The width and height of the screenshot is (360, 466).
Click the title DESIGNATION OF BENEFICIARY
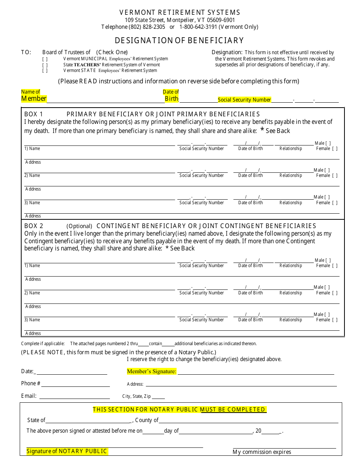(179, 41)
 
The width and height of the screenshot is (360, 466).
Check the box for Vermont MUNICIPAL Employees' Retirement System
(45, 59)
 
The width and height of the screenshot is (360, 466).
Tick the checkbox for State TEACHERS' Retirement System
(45, 65)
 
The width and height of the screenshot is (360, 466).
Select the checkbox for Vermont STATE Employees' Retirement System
(45, 70)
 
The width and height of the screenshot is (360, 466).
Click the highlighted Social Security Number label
(244, 100)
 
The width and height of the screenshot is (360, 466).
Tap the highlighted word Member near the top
(34, 99)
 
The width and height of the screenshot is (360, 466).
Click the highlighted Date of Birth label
(171, 95)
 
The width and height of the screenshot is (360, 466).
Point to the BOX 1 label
(34, 114)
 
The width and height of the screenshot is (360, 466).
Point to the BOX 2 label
(34, 226)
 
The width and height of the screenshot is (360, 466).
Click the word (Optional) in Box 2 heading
(79, 226)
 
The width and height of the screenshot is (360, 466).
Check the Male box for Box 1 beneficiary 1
(328, 143)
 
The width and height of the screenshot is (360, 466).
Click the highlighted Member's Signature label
(152, 372)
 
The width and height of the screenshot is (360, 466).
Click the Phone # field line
(75, 384)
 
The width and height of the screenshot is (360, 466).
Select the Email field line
(74, 396)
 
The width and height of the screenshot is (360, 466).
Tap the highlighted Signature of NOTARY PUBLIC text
(67, 451)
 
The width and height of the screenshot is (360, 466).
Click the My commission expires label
(262, 452)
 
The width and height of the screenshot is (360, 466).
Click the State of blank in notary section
(88, 420)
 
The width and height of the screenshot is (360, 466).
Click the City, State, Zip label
(136, 396)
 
